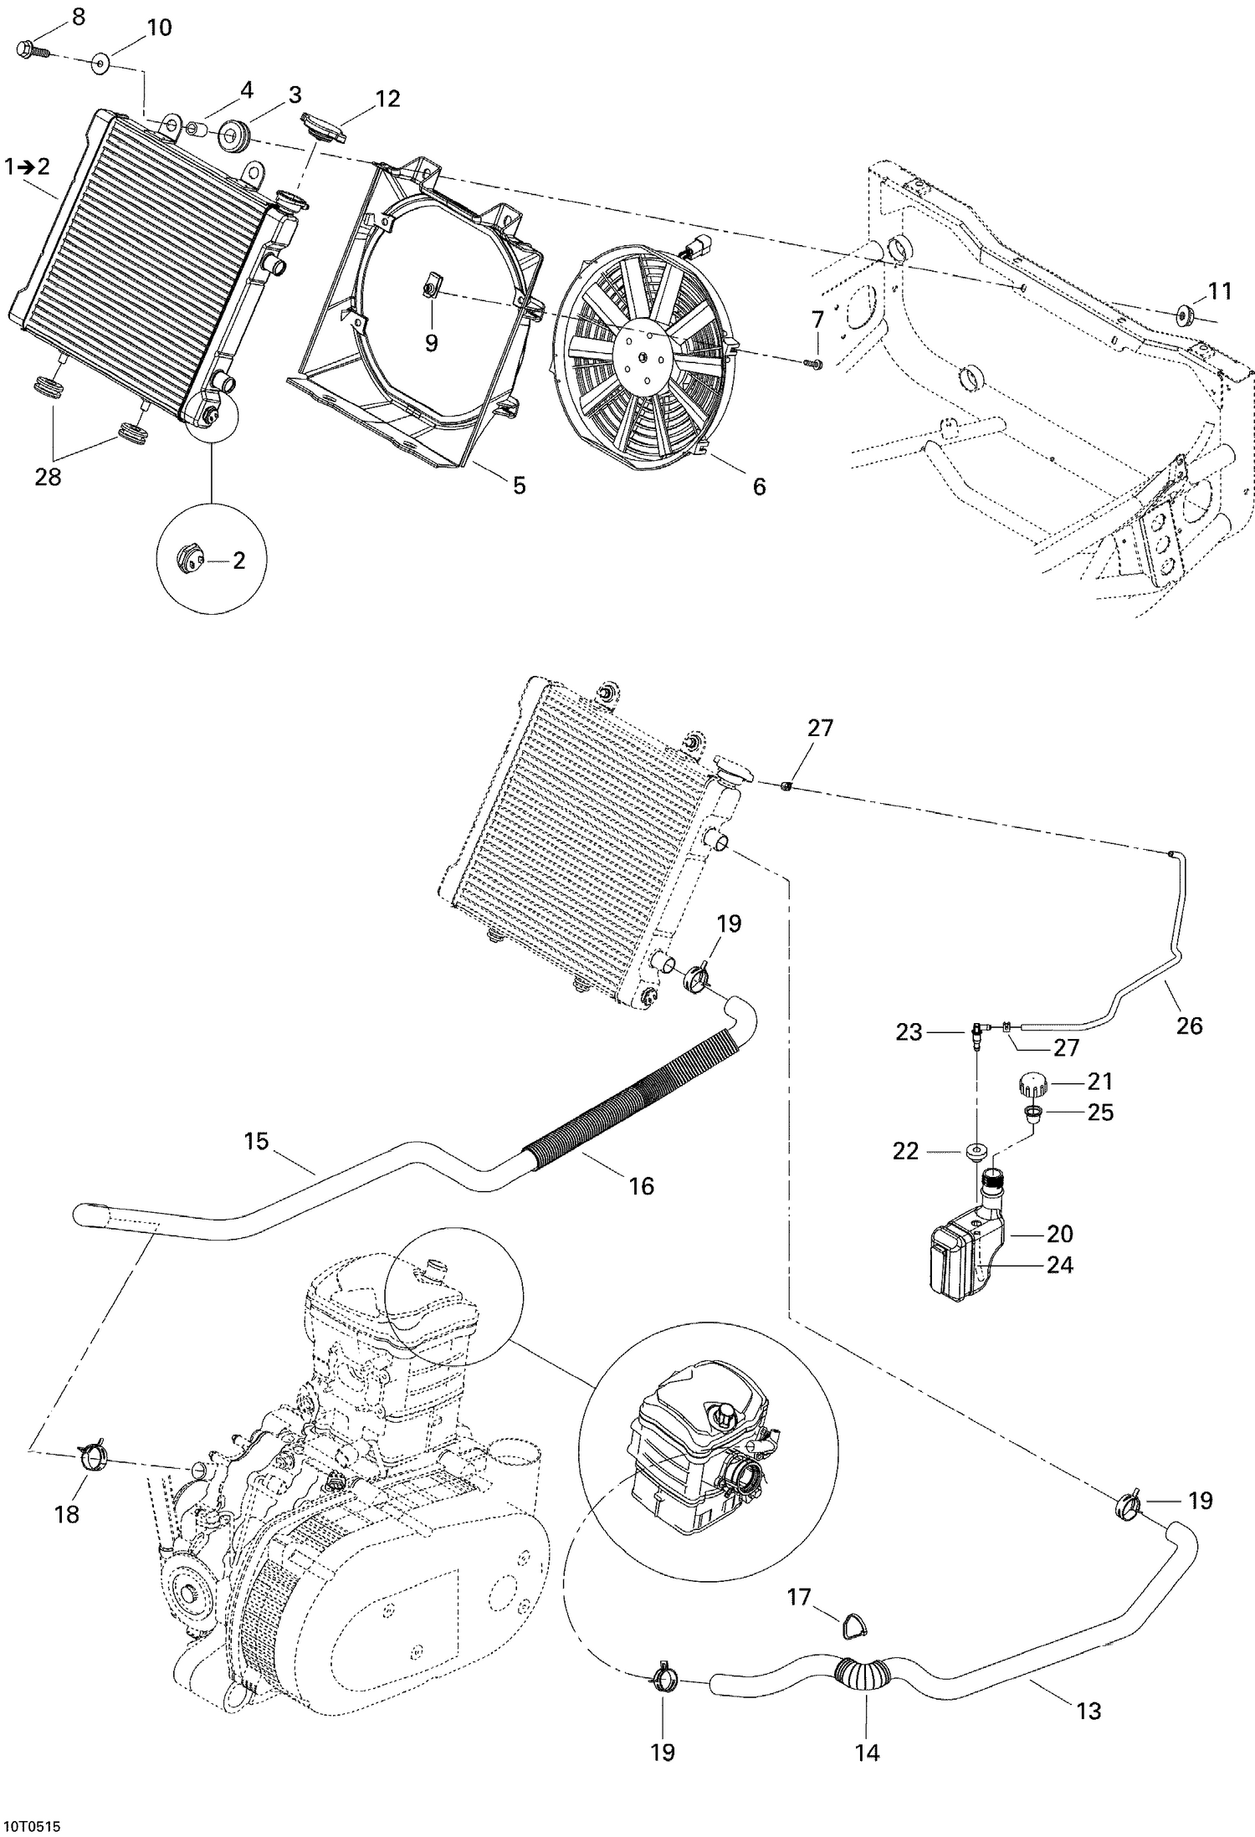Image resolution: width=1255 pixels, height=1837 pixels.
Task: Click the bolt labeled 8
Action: [x=28, y=50]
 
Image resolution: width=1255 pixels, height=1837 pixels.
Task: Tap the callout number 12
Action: [x=387, y=99]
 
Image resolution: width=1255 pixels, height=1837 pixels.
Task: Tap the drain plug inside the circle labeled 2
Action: [x=188, y=559]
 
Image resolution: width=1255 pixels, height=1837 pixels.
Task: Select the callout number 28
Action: [x=49, y=478]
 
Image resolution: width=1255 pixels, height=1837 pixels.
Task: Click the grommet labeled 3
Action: [x=233, y=137]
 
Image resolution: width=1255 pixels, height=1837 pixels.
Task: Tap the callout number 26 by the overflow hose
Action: [x=1189, y=1025]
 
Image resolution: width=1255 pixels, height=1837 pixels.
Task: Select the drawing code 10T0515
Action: [x=36, y=1824]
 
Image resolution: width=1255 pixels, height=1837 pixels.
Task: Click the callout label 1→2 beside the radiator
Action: [x=27, y=166]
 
